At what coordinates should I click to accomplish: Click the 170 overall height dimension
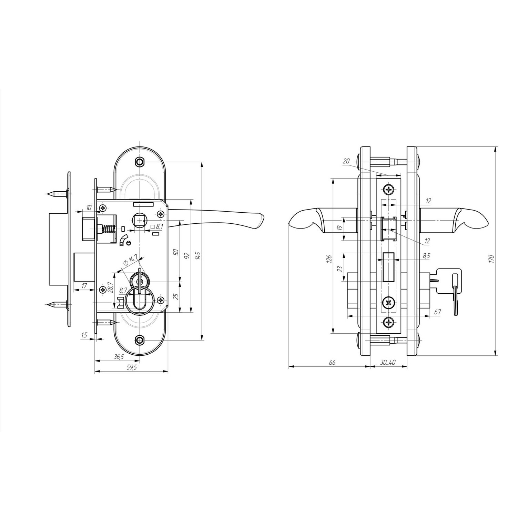pos(491,258)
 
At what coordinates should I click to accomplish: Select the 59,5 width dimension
pos(132,367)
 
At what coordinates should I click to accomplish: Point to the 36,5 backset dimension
pos(119,357)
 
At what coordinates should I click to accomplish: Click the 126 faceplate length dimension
pos(328,259)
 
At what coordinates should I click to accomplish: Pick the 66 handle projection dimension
pos(332,362)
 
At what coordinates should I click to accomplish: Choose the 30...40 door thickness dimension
pos(388,362)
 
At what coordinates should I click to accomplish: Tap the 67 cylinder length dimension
pos(437,312)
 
